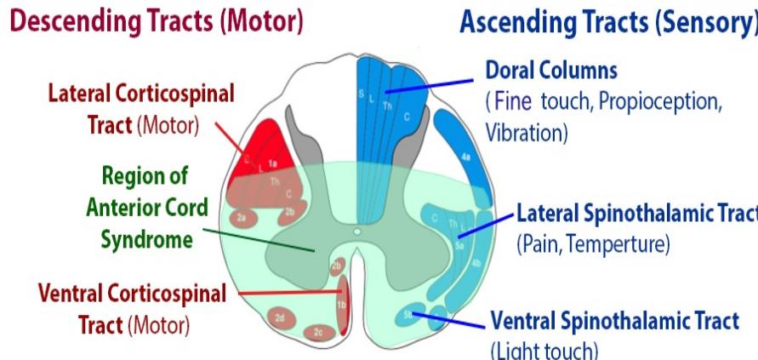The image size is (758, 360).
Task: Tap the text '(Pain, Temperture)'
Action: coord(593,245)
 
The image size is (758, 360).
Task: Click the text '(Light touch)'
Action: coord(544,350)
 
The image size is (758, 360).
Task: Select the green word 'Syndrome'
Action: coord(146,240)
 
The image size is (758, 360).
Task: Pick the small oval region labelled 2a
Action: coord(242,218)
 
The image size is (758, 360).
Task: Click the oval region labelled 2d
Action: coord(280,317)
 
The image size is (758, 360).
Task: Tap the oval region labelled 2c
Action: coord(317,330)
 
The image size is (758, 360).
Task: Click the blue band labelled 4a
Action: coord(466,157)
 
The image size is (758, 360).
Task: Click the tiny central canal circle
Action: coord(357,230)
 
